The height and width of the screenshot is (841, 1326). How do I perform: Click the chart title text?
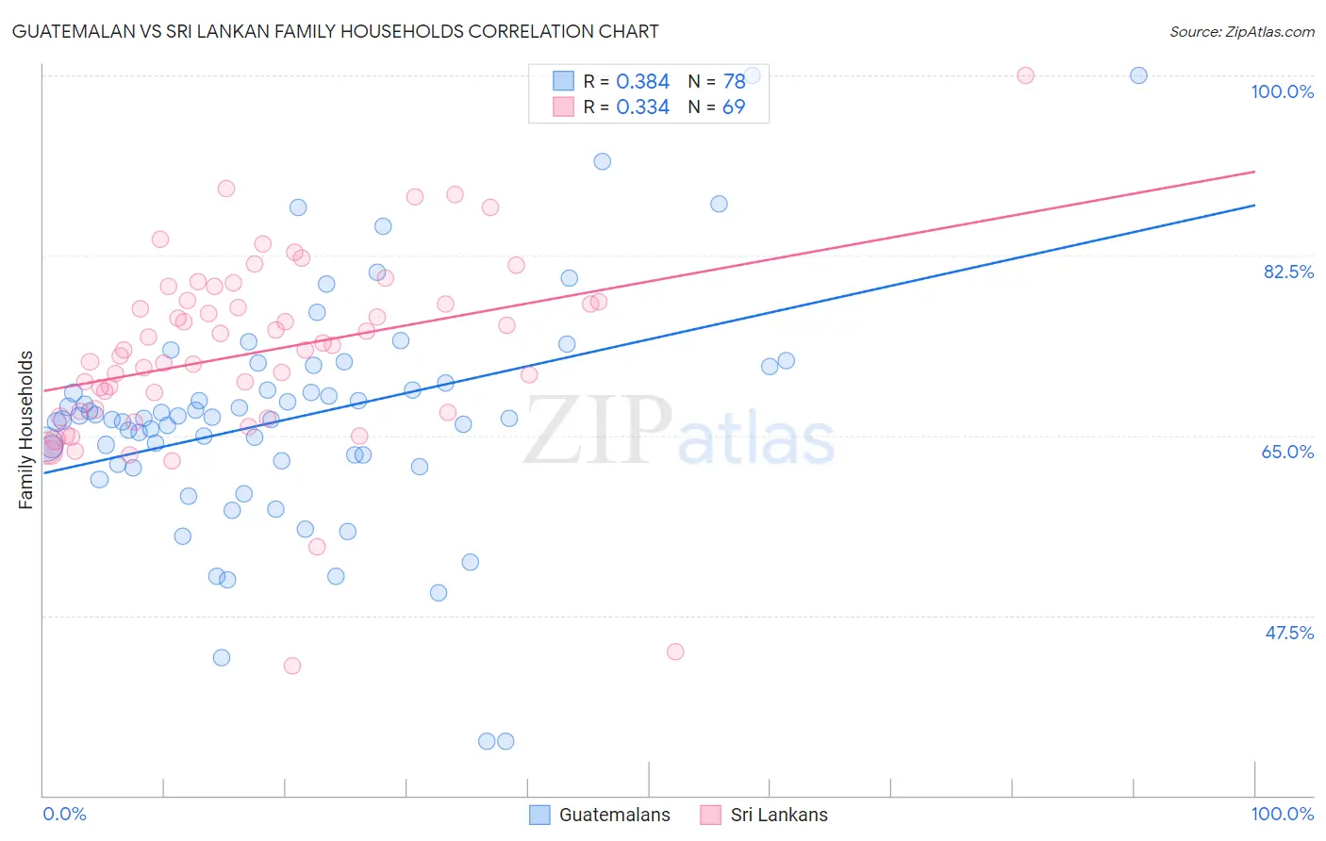coord(335,31)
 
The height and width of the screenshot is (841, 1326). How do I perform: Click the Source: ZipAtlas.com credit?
coord(1241,31)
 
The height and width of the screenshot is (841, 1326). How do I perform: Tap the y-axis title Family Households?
coord(26,430)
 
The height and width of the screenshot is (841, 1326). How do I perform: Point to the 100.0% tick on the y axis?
coord(1282,91)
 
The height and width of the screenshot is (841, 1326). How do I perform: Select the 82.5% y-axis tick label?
coord(1287,272)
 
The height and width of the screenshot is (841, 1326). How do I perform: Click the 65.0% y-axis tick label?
coord(1287,452)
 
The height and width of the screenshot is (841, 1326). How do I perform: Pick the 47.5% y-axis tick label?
coord(1288,633)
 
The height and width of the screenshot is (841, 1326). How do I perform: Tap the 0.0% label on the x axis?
coord(64,814)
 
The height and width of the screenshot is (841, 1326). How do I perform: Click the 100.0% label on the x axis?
coord(1282,814)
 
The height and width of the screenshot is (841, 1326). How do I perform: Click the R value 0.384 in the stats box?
coord(642,82)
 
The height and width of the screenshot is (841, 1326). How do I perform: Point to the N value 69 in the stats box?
coord(734,107)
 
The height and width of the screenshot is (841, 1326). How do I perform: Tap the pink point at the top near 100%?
coord(1025,75)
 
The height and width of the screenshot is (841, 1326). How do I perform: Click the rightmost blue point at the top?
coord(1138,75)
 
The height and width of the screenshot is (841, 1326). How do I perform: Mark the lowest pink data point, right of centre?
coord(675,651)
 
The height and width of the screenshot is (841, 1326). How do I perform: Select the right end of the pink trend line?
coord(1254,172)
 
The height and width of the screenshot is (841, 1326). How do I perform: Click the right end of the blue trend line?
coord(1254,205)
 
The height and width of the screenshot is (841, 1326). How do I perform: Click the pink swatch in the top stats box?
coord(563,107)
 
